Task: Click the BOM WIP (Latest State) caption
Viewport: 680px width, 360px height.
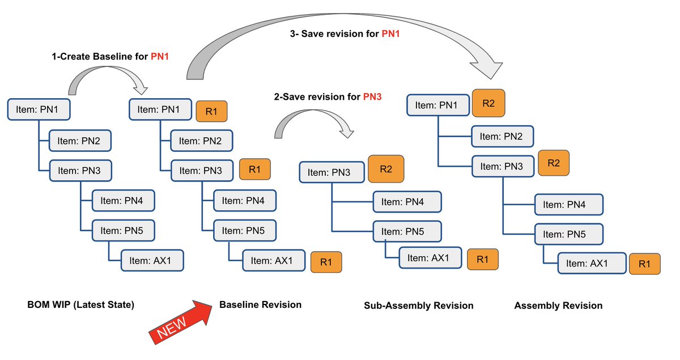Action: [80, 305]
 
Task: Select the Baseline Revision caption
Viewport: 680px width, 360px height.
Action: [260, 305]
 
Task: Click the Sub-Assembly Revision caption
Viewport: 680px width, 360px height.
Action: [418, 306]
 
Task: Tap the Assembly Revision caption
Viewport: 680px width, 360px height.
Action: [558, 306]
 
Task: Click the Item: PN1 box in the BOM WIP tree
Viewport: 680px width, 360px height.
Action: [39, 109]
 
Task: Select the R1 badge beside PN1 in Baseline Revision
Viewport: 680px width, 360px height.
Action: [211, 111]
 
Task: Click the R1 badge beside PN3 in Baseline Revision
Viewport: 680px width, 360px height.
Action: [254, 170]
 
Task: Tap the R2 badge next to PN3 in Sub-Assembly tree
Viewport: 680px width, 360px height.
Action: [385, 168]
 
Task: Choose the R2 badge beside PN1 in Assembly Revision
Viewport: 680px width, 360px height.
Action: [488, 103]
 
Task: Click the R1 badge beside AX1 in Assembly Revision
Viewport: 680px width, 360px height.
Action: [644, 264]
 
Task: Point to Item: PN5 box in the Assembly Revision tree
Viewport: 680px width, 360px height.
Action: [568, 234]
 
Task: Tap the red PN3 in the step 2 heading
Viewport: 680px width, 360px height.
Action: [372, 97]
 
